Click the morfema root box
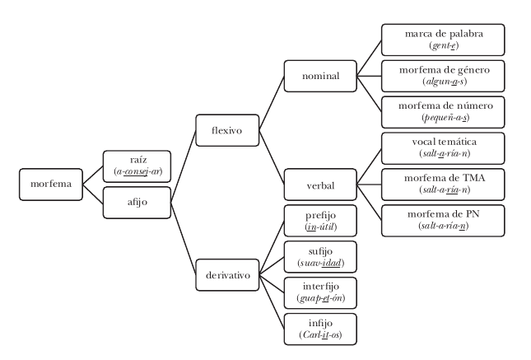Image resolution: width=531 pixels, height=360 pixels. pos(51,185)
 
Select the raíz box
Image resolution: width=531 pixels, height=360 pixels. pos(137,166)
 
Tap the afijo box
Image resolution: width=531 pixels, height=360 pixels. pos(137,203)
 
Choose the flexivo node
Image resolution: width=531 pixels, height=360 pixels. pos(227,130)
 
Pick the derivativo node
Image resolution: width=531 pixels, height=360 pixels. pos(227,275)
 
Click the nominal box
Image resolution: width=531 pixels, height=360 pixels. pos(320,77)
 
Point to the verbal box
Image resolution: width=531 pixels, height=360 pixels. pos(320,185)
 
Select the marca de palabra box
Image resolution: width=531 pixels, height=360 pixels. pos(443,40)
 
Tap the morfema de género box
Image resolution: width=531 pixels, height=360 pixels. pos(443,77)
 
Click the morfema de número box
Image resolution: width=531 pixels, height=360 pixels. pos(443,112)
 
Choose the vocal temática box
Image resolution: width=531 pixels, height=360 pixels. pos(443,148)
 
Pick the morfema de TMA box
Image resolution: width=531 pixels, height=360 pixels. pos(443,185)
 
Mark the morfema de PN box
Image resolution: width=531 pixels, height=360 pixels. pos(443,221)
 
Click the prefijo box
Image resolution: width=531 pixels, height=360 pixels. pos(320,221)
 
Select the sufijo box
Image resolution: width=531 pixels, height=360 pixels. pos(320,257)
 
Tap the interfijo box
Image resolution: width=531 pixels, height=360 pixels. pos(320,293)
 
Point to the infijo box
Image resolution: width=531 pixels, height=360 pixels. pos(320,330)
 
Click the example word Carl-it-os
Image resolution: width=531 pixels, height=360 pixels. pos(320,335)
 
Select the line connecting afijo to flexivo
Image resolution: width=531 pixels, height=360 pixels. pos(184,166)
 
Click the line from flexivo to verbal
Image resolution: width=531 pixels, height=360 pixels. pos(272,157)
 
